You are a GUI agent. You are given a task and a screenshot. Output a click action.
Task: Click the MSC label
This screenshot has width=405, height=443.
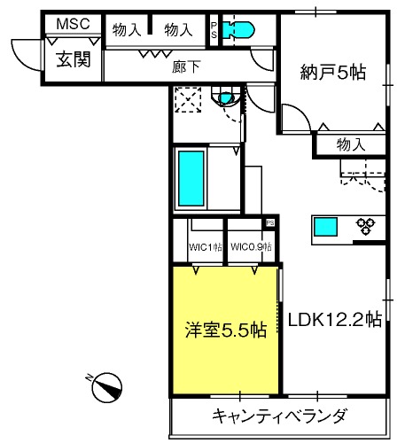pos(73,24)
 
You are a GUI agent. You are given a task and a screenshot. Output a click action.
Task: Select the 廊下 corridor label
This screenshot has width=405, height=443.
pos(182,66)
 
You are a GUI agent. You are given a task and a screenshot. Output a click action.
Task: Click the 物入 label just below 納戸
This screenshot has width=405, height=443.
pos(355,144)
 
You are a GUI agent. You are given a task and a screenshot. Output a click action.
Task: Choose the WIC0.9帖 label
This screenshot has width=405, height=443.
pos(251,246)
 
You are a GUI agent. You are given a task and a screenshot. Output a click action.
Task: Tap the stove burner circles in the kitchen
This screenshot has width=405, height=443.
pos(364,226)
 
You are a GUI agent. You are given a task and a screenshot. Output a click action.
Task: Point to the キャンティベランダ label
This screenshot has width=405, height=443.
pos(278,416)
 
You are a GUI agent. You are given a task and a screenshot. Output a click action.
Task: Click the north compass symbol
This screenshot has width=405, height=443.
pos(107,386)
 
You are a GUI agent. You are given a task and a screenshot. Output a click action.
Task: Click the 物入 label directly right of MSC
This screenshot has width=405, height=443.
pos(128,29)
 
